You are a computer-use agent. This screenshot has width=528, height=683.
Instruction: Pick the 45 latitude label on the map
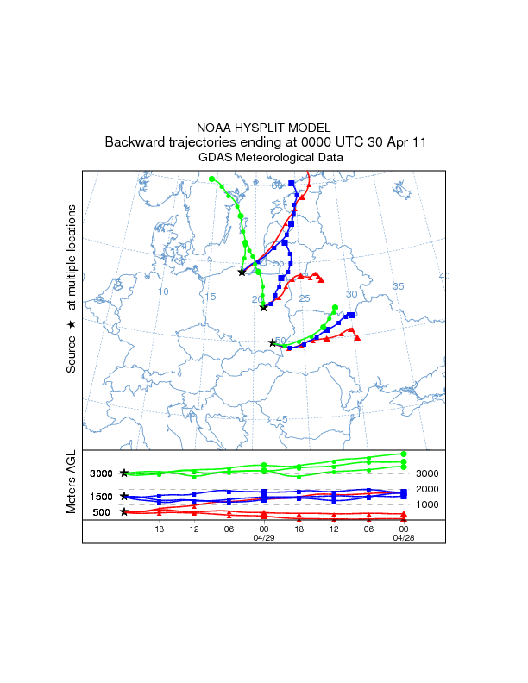(281, 419)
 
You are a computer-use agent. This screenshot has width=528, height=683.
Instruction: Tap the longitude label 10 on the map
(163, 291)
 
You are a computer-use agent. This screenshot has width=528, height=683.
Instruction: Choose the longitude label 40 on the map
(444, 276)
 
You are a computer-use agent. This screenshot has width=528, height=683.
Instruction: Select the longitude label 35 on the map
(398, 286)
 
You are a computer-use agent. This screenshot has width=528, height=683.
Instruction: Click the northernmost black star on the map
(242, 273)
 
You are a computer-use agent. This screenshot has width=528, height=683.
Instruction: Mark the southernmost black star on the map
(273, 342)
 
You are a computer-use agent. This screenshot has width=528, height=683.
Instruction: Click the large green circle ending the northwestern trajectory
(212, 179)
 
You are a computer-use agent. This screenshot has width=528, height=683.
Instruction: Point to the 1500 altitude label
(102, 497)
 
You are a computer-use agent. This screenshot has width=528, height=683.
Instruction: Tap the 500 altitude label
(102, 512)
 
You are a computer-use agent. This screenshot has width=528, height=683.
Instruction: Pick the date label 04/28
(404, 536)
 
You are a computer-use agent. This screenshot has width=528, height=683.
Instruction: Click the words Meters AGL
(72, 484)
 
